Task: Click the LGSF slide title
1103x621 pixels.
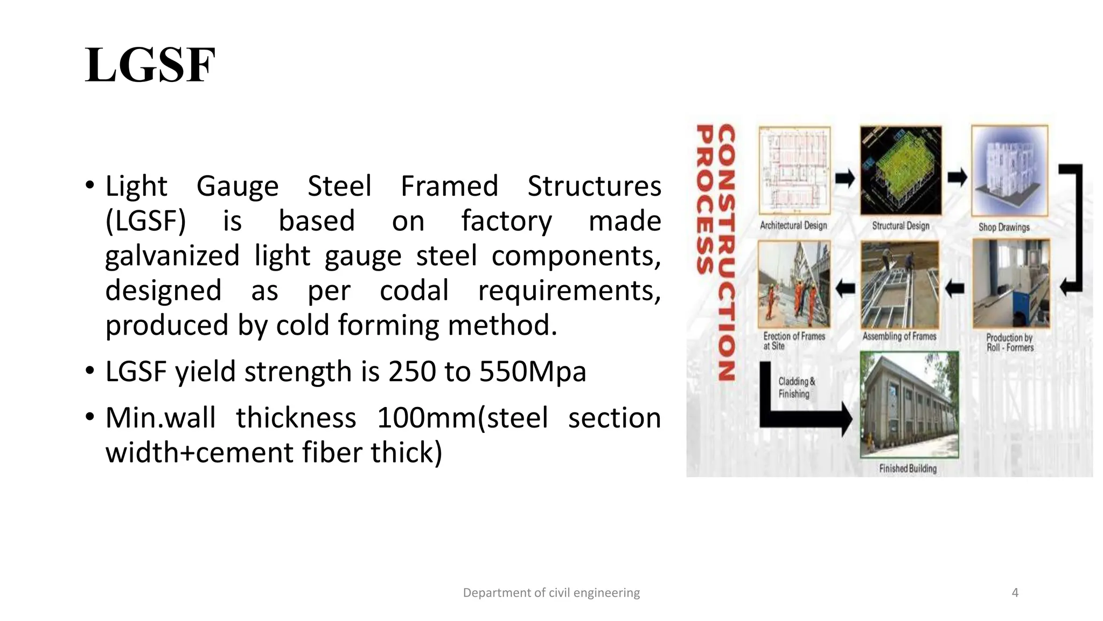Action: tap(150, 66)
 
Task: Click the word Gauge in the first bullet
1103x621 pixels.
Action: tap(238, 186)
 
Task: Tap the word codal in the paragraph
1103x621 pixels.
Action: tap(414, 291)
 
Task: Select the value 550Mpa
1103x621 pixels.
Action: tap(533, 371)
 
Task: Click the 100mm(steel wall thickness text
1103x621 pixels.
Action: tap(462, 418)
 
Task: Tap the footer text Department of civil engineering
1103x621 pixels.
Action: tap(551, 593)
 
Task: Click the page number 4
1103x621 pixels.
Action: tap(1015, 593)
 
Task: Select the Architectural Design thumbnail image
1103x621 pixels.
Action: tap(794, 171)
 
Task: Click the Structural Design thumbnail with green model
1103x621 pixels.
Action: tap(900, 171)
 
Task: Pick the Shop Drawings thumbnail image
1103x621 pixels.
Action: tap(1009, 171)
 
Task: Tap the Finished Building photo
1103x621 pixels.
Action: tap(909, 404)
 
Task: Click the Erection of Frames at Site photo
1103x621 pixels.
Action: tap(794, 284)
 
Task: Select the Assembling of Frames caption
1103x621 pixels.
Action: tap(899, 336)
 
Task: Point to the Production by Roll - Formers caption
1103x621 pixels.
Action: tap(1010, 342)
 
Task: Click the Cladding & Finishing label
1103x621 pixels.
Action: tap(797, 388)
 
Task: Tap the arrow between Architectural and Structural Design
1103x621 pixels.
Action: tap(845, 178)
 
